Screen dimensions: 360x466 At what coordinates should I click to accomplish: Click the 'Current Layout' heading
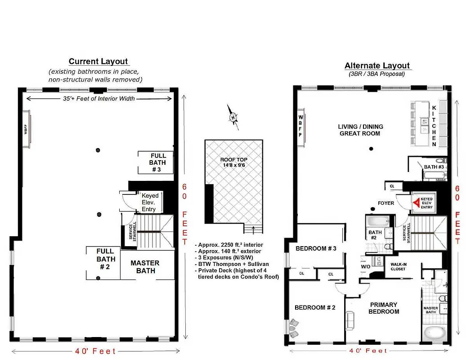(x=98, y=62)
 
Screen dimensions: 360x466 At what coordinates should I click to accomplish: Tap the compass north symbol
(x=233, y=117)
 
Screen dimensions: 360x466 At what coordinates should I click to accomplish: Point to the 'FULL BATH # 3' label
(x=158, y=163)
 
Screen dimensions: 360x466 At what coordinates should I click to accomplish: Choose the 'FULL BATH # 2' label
(x=106, y=259)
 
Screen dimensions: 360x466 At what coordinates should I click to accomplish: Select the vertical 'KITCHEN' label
(x=434, y=126)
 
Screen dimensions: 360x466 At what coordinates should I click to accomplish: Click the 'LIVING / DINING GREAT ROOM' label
(x=359, y=130)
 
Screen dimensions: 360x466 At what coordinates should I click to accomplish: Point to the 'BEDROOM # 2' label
(x=315, y=307)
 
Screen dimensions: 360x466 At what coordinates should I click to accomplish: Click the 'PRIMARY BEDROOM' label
(x=383, y=308)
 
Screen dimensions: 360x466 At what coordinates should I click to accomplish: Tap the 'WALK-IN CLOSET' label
(x=398, y=267)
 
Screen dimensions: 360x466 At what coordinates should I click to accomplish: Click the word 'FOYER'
(x=386, y=203)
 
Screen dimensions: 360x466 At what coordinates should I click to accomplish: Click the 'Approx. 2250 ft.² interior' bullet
(x=225, y=245)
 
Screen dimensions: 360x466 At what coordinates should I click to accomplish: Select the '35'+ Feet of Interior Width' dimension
(x=98, y=99)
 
